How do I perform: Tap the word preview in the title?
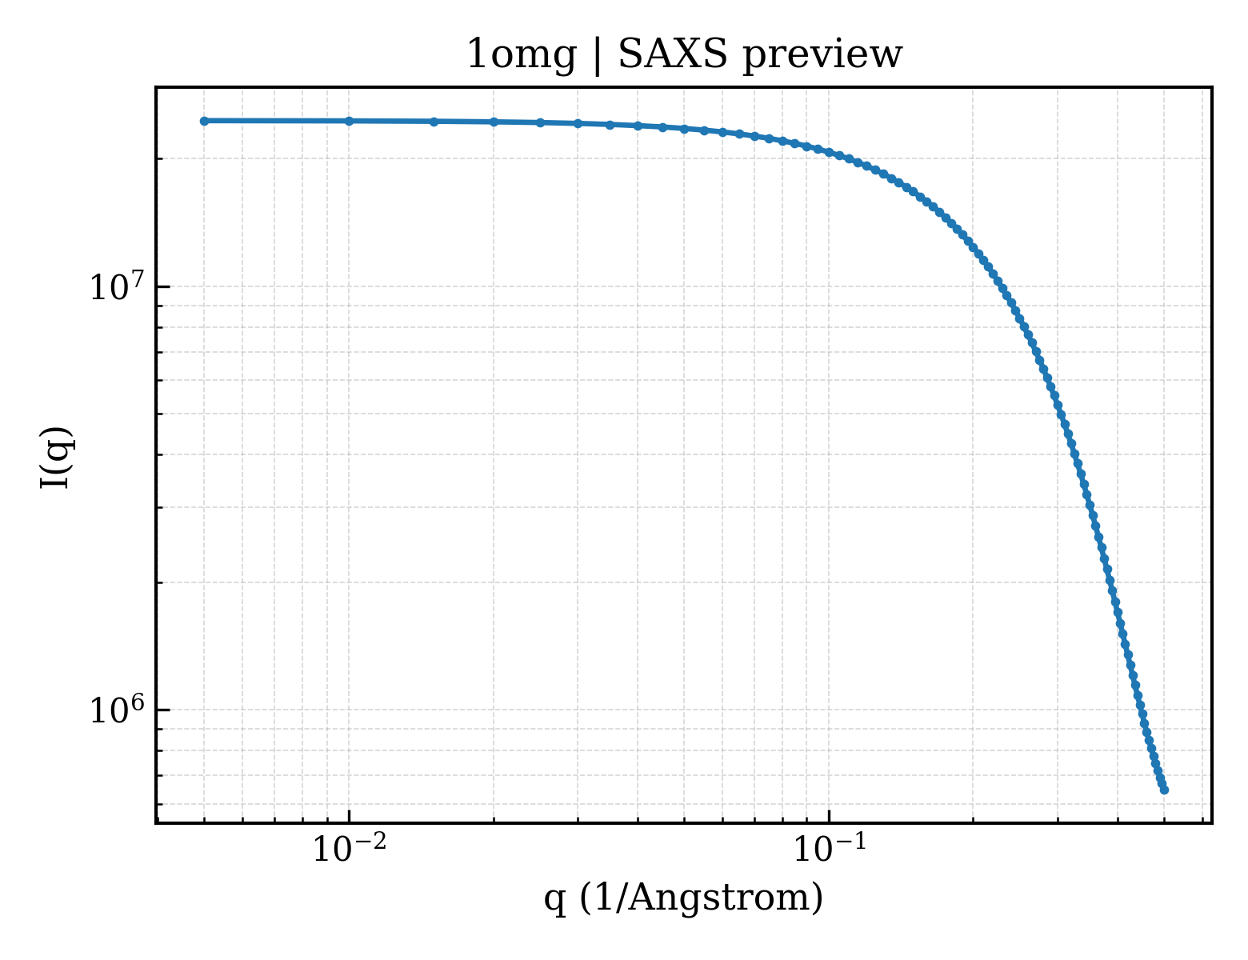822,58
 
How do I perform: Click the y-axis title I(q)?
56,457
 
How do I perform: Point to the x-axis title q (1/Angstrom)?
683,898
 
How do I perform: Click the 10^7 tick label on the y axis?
117,286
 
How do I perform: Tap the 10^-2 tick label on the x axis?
349,848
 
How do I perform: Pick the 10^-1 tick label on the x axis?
830,848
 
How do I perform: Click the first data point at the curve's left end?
204,121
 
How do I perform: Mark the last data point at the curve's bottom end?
1164,790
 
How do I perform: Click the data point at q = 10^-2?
349,121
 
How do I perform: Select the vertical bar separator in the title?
598,56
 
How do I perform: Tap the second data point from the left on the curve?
349,121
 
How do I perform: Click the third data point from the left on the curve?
434,122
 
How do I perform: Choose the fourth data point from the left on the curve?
494,122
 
